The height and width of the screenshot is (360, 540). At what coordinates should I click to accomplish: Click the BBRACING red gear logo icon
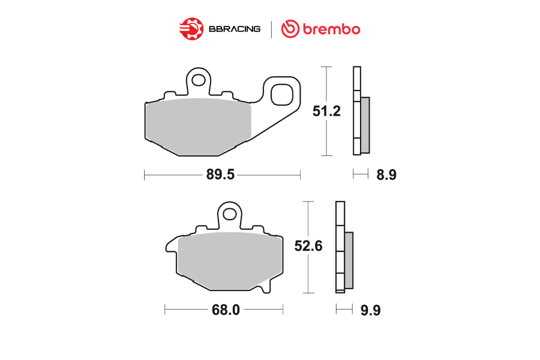pyautogui.click(x=191, y=29)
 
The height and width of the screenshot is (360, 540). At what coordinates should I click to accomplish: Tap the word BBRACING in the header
pyautogui.click(x=235, y=29)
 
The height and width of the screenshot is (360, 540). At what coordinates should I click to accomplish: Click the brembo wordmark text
pyautogui.click(x=331, y=29)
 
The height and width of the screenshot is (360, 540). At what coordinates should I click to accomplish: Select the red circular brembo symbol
pyautogui.click(x=290, y=29)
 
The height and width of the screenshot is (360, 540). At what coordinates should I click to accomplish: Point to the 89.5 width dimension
pyautogui.click(x=220, y=175)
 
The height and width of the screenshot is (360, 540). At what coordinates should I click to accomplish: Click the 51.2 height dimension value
pyautogui.click(x=326, y=111)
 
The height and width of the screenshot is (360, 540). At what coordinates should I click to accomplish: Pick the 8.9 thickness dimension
pyautogui.click(x=386, y=175)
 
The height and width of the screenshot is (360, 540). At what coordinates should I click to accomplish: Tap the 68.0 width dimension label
pyautogui.click(x=226, y=310)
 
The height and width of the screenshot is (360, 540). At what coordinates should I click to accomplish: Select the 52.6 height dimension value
pyautogui.click(x=308, y=246)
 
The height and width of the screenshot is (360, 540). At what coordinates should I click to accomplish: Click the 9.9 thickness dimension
pyautogui.click(x=371, y=310)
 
